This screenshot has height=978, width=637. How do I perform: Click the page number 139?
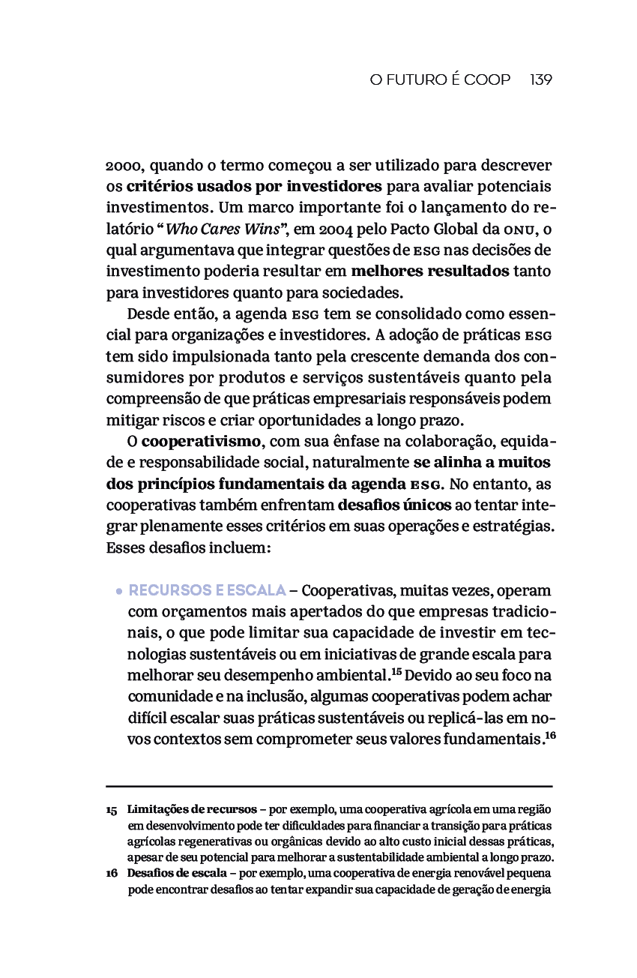(x=540, y=79)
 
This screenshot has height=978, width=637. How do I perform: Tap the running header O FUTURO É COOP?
(x=440, y=79)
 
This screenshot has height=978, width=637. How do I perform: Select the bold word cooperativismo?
(x=202, y=440)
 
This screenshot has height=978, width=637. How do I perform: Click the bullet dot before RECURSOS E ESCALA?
(x=118, y=591)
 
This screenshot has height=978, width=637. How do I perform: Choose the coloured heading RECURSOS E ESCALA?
(x=208, y=590)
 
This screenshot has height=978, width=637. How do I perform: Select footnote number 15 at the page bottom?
(x=112, y=811)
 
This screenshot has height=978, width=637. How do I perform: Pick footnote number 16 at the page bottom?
(x=112, y=874)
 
